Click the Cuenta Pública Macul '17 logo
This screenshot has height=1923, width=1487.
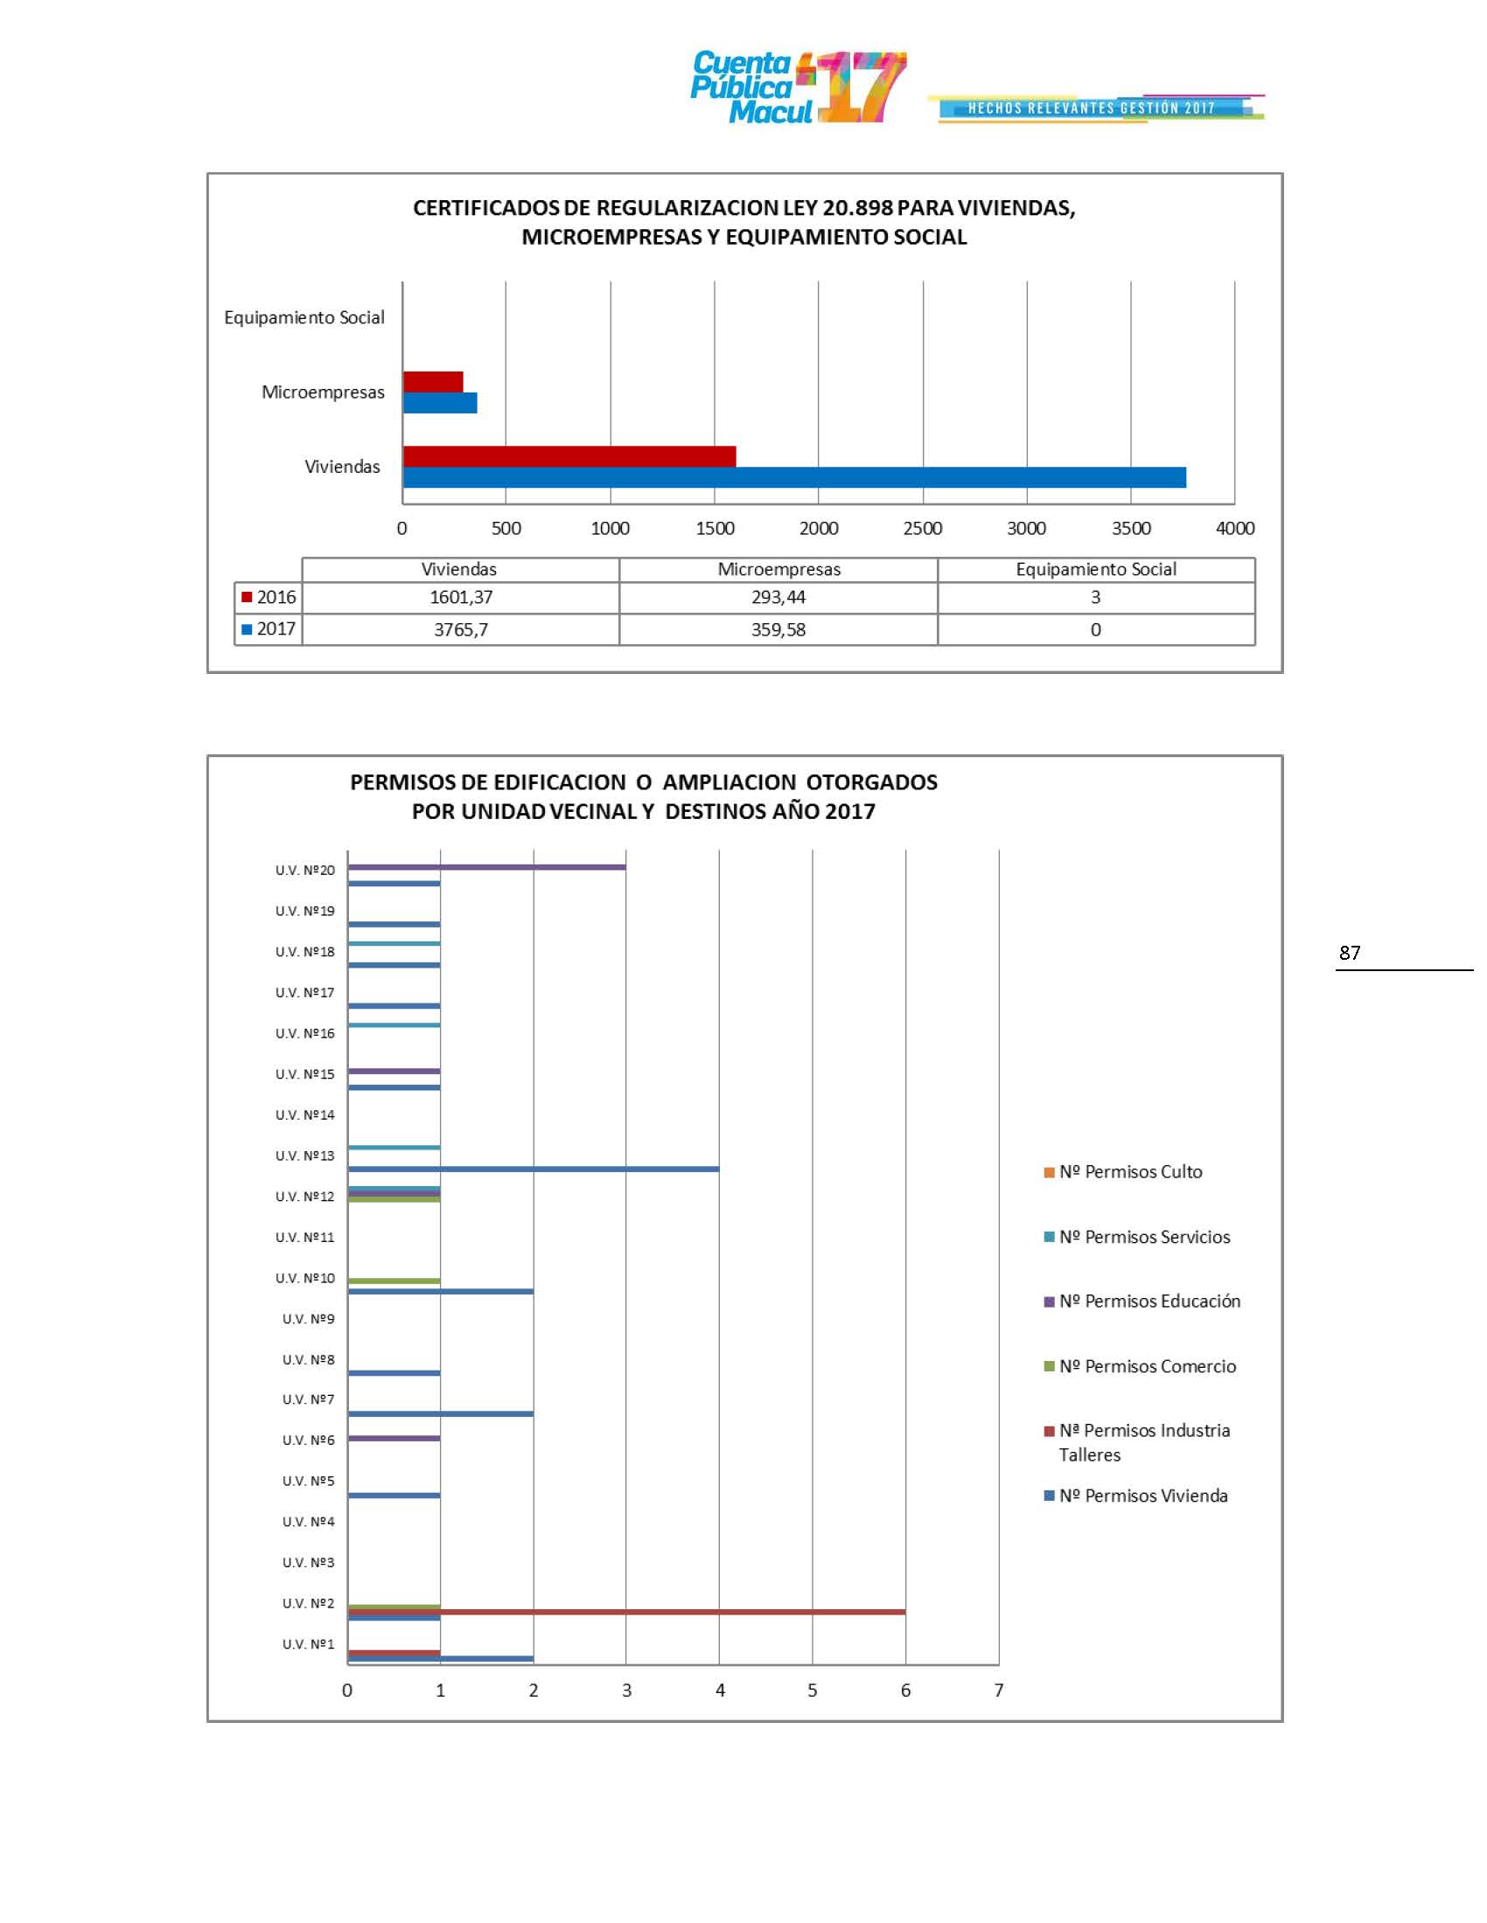tap(797, 87)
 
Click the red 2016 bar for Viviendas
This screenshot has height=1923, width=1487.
tap(569, 456)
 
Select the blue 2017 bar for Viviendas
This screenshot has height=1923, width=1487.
tap(793, 477)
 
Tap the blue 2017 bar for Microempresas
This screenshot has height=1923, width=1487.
tap(440, 403)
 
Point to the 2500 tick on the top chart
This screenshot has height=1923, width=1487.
tap(922, 528)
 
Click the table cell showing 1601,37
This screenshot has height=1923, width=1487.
tap(461, 598)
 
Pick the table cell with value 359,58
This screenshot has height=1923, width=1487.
tap(778, 629)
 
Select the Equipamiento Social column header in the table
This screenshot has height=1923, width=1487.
tap(1096, 570)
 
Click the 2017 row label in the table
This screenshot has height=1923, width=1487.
tap(269, 628)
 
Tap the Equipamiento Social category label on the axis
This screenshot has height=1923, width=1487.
tap(304, 318)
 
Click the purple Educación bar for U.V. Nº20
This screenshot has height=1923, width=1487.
tap(486, 867)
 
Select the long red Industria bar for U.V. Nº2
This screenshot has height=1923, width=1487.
tap(626, 1612)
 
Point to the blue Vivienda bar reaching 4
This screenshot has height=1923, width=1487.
tap(533, 1170)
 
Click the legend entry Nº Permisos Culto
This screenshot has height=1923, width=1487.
tap(1130, 1172)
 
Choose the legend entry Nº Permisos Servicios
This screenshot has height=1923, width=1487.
tap(1144, 1237)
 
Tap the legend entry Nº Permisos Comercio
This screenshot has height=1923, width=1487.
tap(1147, 1366)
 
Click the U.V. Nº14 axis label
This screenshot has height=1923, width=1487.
tap(304, 1115)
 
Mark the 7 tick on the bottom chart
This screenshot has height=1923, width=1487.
tap(999, 1690)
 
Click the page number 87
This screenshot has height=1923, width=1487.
tap(1349, 953)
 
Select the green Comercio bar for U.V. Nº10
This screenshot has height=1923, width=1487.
tap(394, 1281)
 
